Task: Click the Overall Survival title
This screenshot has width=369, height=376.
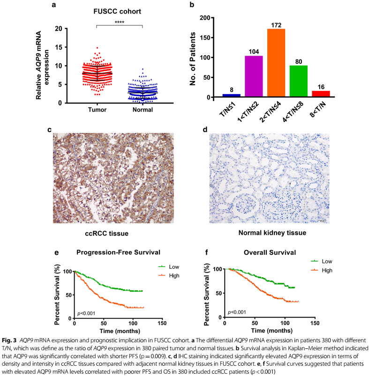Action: click(263, 253)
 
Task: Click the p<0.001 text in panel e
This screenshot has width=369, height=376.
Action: click(87, 312)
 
